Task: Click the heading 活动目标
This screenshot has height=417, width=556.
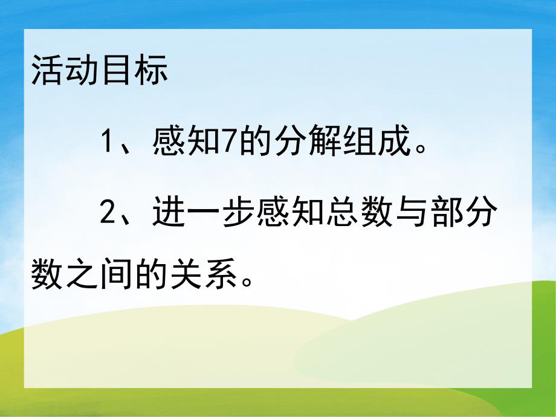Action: point(99,73)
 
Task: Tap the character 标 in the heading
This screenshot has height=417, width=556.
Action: point(150,73)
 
